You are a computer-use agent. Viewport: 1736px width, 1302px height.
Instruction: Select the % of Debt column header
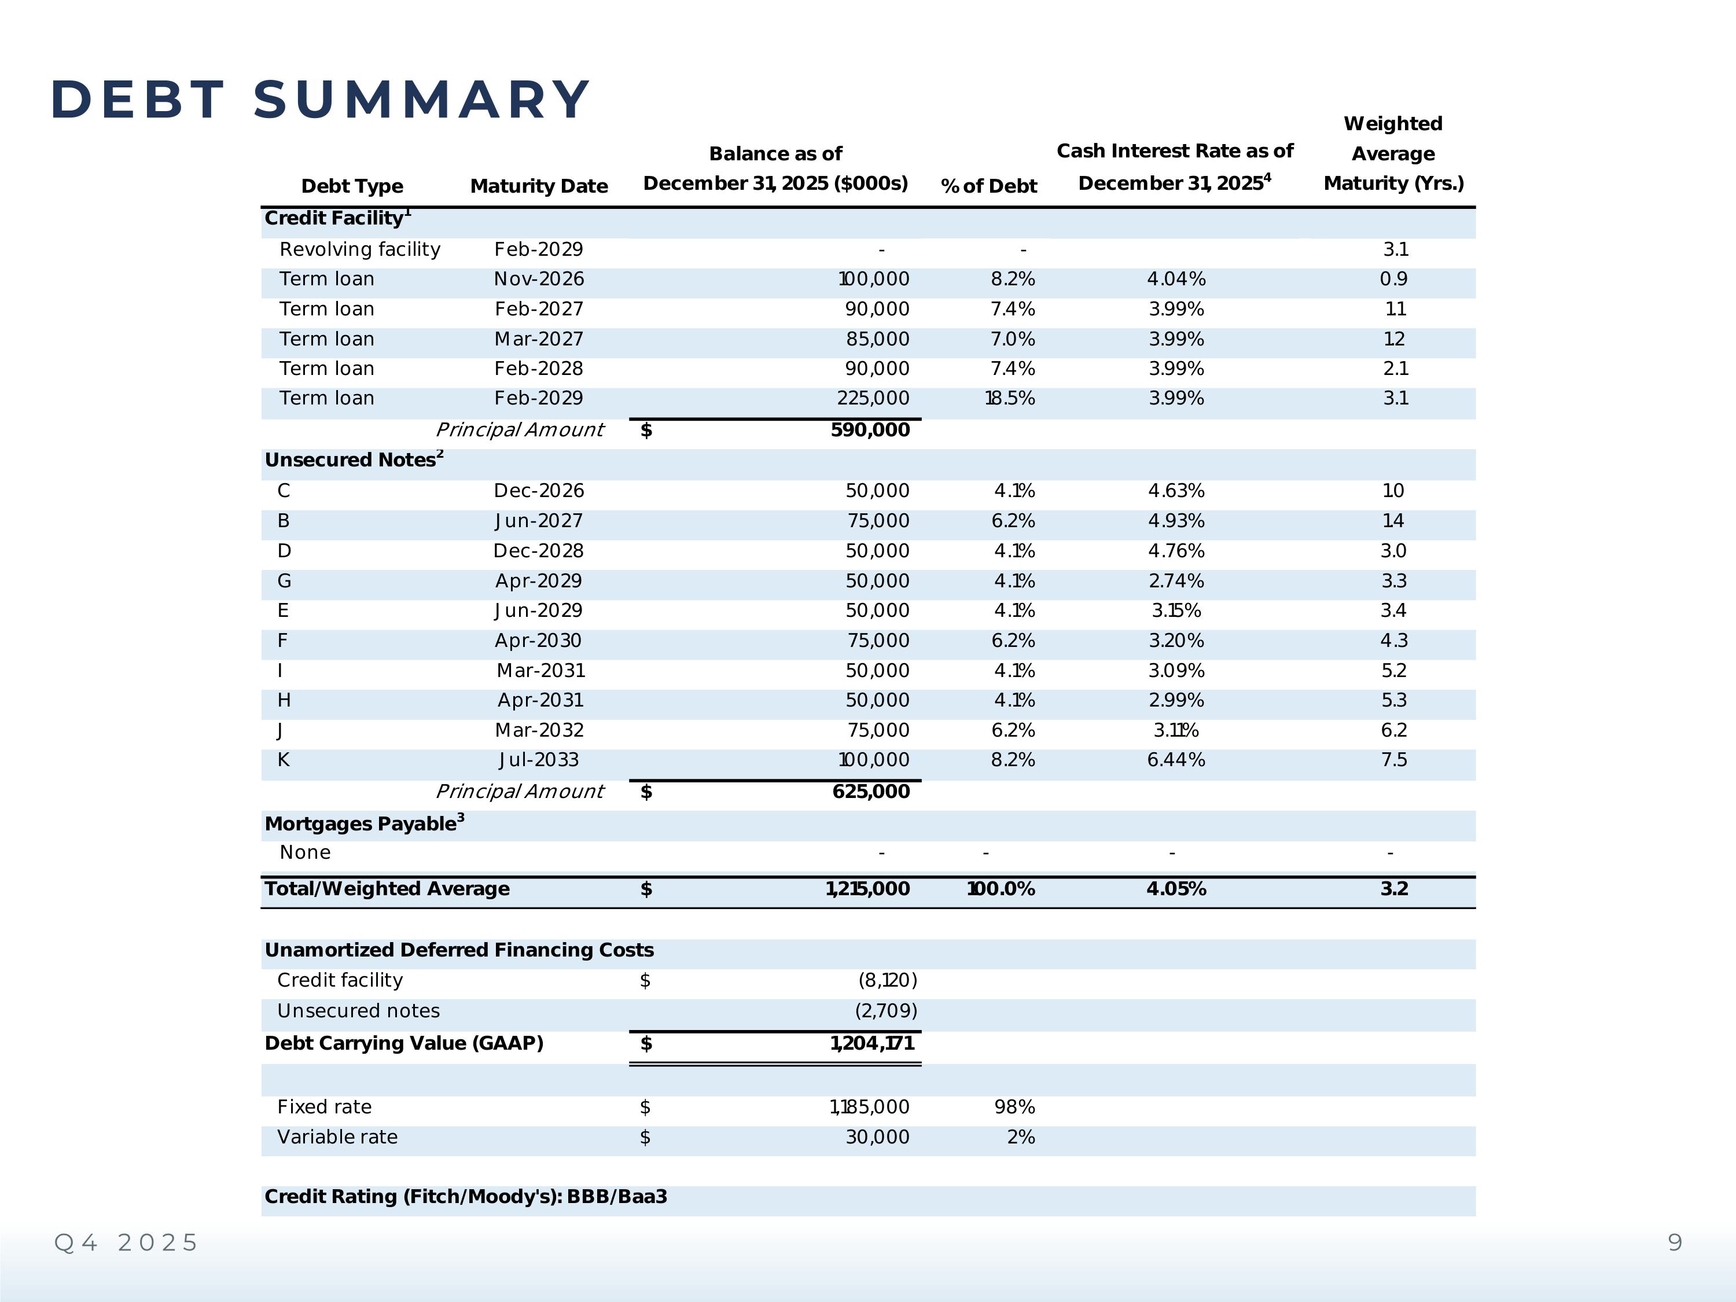pos(988,186)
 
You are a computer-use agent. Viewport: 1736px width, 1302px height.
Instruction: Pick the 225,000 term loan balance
pos(873,399)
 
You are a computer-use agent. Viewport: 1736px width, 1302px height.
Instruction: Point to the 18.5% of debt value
pos(1009,399)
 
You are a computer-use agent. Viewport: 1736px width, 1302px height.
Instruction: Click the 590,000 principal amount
pos(870,430)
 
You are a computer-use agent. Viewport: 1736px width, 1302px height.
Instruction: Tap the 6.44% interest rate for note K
pos(1176,760)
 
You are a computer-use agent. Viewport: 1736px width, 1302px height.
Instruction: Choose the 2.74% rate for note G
pos(1176,581)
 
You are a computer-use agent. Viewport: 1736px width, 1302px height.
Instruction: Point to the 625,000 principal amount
pos(870,791)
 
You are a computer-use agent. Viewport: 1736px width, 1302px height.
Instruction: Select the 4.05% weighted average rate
pos(1176,889)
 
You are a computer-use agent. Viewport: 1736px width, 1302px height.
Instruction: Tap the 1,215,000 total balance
pos(867,889)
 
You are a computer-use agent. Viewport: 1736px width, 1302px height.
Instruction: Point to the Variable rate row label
pos(337,1137)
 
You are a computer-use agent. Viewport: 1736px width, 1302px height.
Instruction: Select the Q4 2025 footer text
pos(126,1243)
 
